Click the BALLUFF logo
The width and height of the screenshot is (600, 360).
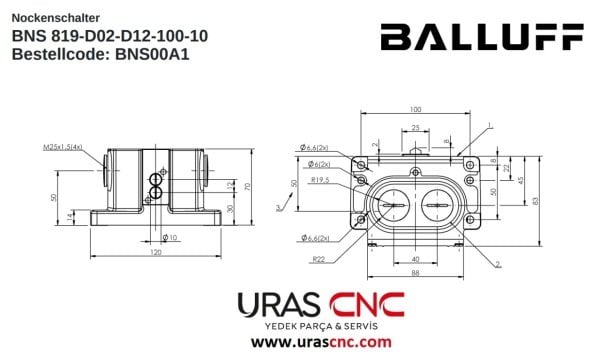pyautogui.click(x=481, y=37)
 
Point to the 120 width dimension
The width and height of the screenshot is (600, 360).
pyautogui.click(x=156, y=252)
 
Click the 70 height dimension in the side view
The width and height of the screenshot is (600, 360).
pyautogui.click(x=246, y=186)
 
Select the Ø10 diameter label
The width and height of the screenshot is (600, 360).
pyautogui.click(x=169, y=237)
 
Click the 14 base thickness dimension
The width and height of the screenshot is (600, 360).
pyautogui.click(x=69, y=216)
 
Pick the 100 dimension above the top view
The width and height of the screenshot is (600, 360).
pyautogui.click(x=415, y=109)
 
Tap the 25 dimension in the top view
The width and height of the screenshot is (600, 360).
pyautogui.click(x=415, y=127)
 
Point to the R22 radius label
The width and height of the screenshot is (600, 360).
pyautogui.click(x=319, y=259)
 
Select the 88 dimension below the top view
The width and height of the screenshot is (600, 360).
pyautogui.click(x=414, y=274)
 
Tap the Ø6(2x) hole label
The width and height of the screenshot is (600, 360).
pyautogui.click(x=320, y=164)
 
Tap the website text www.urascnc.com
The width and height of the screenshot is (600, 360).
pyautogui.click(x=320, y=342)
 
